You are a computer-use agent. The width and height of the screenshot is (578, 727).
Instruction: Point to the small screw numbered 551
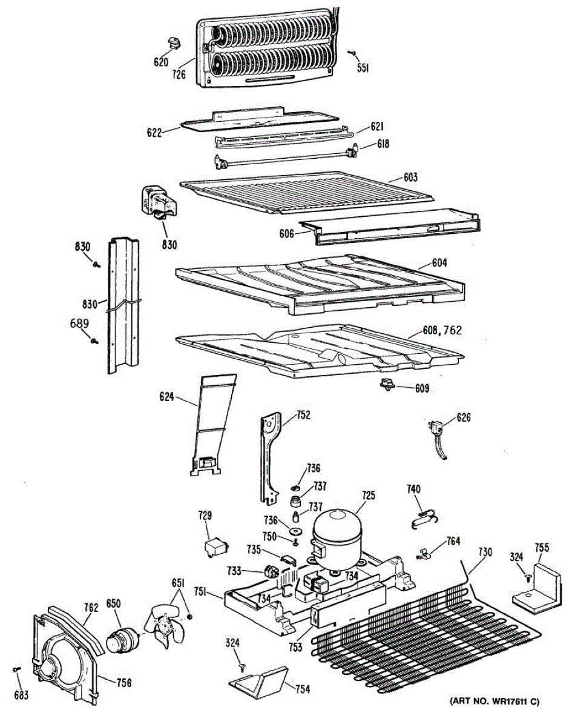[x=351, y=53]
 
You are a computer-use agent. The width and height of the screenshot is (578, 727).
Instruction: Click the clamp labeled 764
[x=424, y=553]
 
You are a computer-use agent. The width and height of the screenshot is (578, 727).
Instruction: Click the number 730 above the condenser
[x=485, y=552]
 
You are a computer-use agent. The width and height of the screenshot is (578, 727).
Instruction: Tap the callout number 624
[x=166, y=397]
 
